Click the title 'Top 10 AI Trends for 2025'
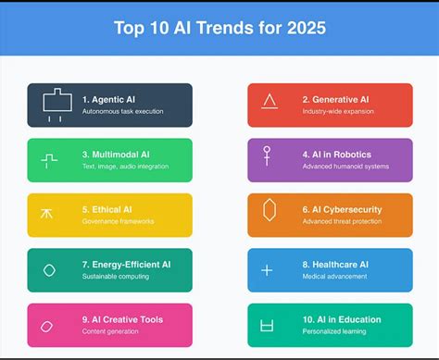click(x=219, y=28)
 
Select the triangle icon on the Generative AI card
click(x=270, y=102)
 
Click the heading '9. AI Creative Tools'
click(x=122, y=319)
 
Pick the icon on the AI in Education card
click(x=269, y=325)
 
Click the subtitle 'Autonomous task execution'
click(x=122, y=112)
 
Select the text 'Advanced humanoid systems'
click(x=345, y=167)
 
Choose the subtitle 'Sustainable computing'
click(x=117, y=277)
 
